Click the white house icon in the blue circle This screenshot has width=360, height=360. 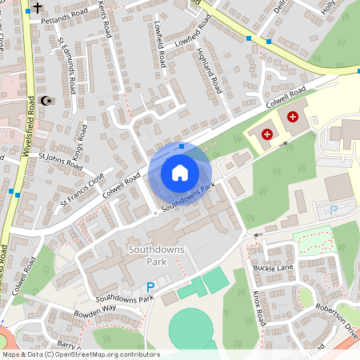point(180,172)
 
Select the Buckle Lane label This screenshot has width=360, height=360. point(273,266)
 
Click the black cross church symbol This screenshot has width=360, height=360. point(37,6)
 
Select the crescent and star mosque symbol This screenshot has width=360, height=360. point(46,101)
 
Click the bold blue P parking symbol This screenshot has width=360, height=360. point(150,287)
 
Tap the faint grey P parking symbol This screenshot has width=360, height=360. point(334,210)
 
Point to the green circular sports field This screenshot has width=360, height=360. point(192,329)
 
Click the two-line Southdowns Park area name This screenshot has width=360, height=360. point(156,255)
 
